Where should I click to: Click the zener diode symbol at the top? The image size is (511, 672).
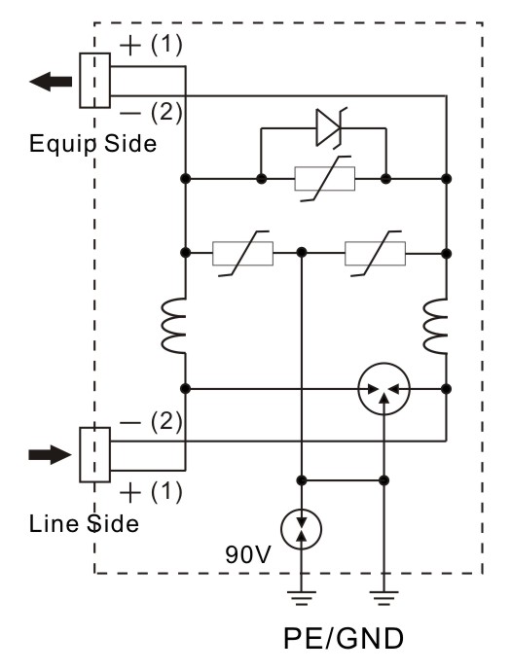click(x=330, y=127)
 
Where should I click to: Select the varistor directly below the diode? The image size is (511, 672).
click(x=325, y=179)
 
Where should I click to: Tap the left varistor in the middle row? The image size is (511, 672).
click(x=242, y=253)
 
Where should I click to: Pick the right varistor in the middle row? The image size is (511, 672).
click(x=376, y=253)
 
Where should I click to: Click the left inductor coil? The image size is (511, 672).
click(x=173, y=326)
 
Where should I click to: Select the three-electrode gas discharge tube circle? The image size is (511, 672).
click(x=384, y=389)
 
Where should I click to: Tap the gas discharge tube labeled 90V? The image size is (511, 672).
click(x=302, y=529)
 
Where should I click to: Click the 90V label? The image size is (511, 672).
click(x=248, y=554)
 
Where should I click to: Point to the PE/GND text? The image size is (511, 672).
click(x=344, y=639)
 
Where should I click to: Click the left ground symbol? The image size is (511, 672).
click(x=302, y=598)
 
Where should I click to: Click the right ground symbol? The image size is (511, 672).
click(x=384, y=598)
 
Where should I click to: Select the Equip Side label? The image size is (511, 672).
click(x=92, y=144)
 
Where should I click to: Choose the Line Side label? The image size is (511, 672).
click(x=84, y=524)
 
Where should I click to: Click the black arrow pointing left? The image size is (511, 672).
click(x=51, y=82)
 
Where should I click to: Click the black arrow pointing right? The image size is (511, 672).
click(x=50, y=455)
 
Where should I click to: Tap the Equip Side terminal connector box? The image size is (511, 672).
click(x=94, y=80)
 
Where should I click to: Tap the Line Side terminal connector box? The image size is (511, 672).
click(x=94, y=455)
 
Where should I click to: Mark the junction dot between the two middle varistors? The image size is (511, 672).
click(x=302, y=253)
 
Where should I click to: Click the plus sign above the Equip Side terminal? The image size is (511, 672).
click(x=130, y=46)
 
